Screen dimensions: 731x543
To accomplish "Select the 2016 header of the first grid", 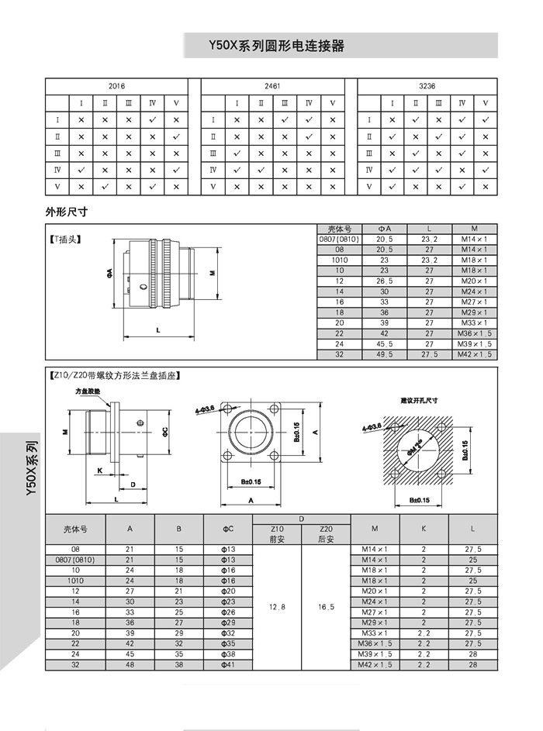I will tap(116, 87).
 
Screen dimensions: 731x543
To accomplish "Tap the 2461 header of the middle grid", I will tap(272, 87).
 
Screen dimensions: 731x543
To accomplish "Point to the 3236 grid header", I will tap(427, 87).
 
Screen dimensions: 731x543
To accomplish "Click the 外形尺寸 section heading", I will tap(68, 211).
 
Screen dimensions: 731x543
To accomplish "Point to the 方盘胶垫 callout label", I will tap(88, 392).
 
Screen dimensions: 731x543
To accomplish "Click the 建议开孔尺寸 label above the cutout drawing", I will tap(420, 401).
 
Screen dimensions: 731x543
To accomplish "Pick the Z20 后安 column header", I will tap(326, 534).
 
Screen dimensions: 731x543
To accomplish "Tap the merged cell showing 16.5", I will tap(326, 607).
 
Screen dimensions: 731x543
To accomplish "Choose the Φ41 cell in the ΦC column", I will tap(228, 665).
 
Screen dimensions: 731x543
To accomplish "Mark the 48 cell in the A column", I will tap(130, 665).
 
